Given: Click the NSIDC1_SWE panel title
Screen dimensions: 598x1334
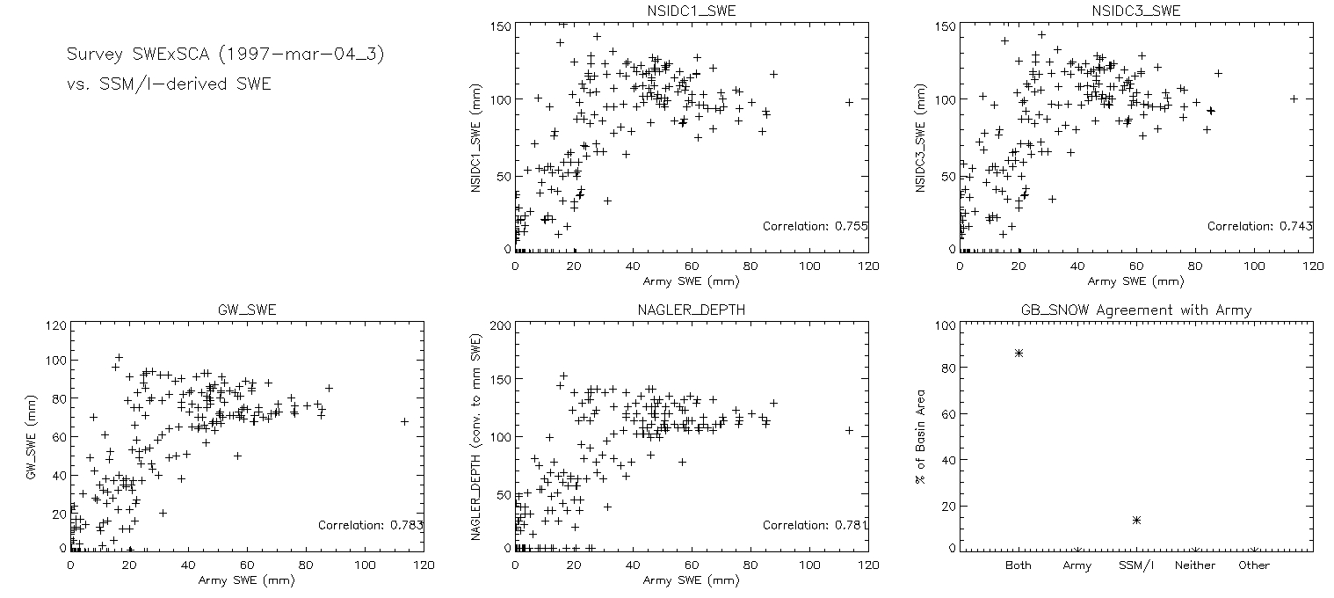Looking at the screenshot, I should (x=691, y=11).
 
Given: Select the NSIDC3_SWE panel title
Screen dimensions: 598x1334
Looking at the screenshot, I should (x=1135, y=11).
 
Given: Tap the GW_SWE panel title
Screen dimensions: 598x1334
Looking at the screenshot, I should (x=246, y=310).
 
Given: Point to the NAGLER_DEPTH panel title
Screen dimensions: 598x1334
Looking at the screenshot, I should (x=691, y=310).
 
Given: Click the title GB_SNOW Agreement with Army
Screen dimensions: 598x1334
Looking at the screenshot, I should (x=1135, y=310).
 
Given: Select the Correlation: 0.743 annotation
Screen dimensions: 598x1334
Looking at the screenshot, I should (x=1259, y=227).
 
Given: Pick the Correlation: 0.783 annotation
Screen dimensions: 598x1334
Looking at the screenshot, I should (x=370, y=526).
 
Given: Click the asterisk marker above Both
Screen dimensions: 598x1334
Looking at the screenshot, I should (x=1019, y=353).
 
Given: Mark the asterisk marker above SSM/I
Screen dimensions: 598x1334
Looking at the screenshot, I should (x=1136, y=520).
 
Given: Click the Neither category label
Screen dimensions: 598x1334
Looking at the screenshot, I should (x=1194, y=565).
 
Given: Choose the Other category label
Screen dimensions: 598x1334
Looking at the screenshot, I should (x=1254, y=565).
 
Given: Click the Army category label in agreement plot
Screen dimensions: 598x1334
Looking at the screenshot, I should (x=1077, y=565).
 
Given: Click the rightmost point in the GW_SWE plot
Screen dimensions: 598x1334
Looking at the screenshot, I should (x=404, y=421).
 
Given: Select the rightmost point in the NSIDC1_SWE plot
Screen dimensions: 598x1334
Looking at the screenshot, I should (x=849, y=102).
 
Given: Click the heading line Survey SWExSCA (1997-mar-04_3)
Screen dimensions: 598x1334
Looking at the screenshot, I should (x=226, y=55).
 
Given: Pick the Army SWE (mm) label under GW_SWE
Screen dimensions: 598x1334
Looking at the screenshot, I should (x=246, y=580).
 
